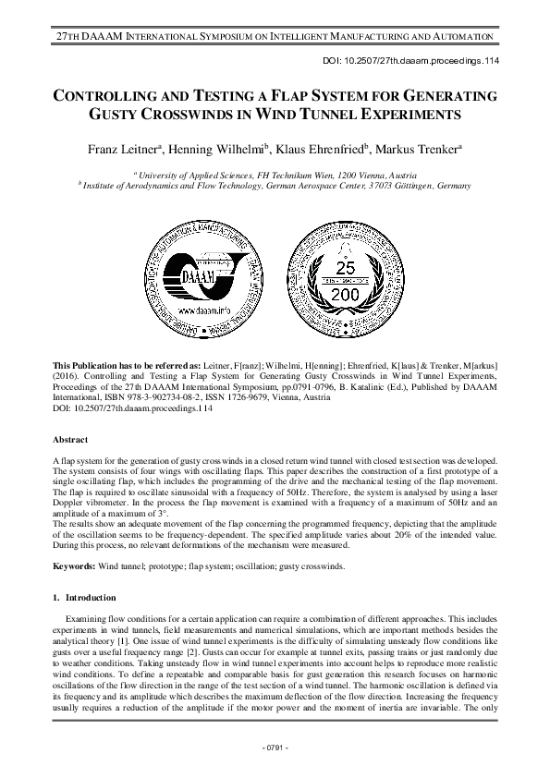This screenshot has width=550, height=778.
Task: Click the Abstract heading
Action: tap(70, 440)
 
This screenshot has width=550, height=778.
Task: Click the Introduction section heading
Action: tap(90, 598)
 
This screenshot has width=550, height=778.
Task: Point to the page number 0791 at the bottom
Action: tap(275, 747)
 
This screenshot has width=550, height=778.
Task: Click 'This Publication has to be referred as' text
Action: tap(121, 368)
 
